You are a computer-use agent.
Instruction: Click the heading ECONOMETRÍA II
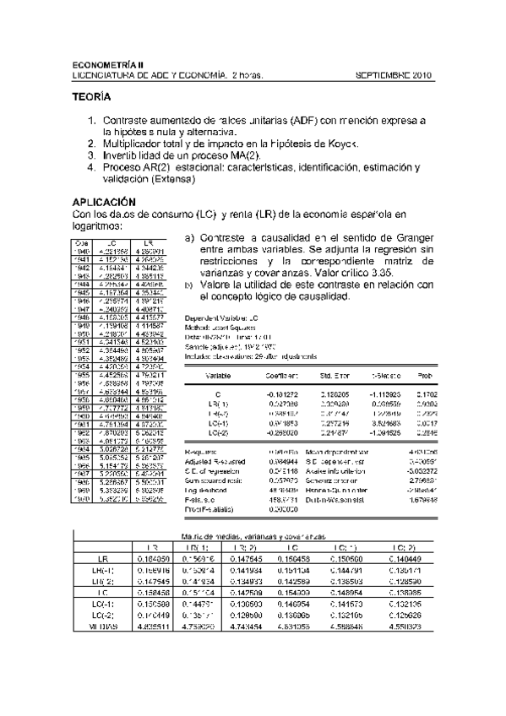click(109, 65)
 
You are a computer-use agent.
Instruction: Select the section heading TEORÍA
click(94, 99)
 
